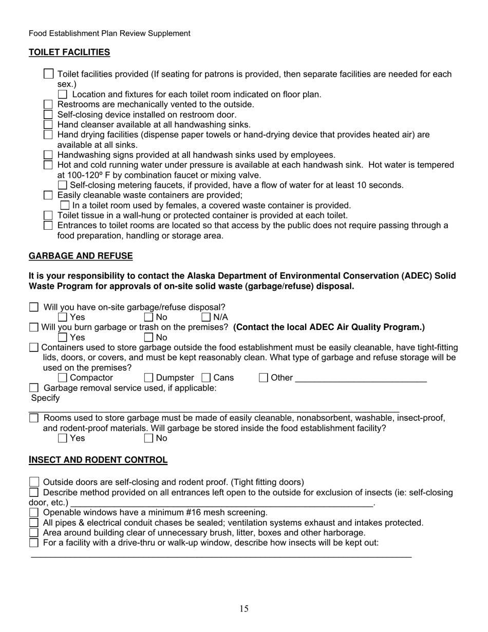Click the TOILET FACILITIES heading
click(x=69, y=52)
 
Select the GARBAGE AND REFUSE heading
click(x=81, y=256)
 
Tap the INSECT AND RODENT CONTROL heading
click(x=98, y=460)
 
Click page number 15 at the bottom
click(x=243, y=609)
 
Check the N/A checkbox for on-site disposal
click(x=206, y=317)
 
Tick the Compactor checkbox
click(x=63, y=378)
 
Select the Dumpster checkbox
click(x=149, y=378)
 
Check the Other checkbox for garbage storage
click(x=264, y=378)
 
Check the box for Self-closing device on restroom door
click(x=48, y=115)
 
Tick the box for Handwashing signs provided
click(x=48, y=155)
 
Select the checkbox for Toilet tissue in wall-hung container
click(x=48, y=215)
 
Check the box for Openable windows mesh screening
click(x=34, y=512)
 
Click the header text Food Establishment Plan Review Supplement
click(x=109, y=33)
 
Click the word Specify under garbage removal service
click(x=45, y=398)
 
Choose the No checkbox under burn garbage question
click(x=149, y=338)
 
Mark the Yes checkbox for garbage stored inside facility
click(x=63, y=438)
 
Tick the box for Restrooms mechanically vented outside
click(x=48, y=104)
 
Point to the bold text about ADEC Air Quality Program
click(x=329, y=327)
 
